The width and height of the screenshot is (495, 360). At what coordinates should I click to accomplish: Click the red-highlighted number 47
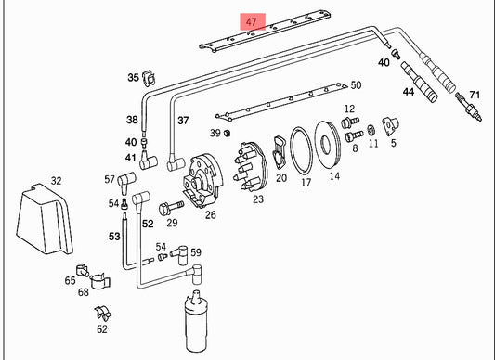pyautogui.click(x=252, y=22)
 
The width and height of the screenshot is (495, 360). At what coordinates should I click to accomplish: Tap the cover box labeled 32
pyautogui.click(x=45, y=219)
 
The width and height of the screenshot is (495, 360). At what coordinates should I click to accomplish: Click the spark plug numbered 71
pyautogui.click(x=469, y=107)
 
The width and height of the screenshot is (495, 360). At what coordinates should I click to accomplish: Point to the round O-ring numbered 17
pyautogui.click(x=301, y=150)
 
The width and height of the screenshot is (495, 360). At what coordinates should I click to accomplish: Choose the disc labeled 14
pyautogui.click(x=328, y=145)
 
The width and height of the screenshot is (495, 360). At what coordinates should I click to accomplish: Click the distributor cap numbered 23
pyautogui.click(x=251, y=166)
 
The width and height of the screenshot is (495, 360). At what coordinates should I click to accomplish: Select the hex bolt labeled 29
pyautogui.click(x=172, y=208)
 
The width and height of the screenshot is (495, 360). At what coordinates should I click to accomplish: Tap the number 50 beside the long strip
pyautogui.click(x=356, y=85)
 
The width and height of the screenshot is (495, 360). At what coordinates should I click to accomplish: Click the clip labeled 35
pyautogui.click(x=149, y=78)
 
